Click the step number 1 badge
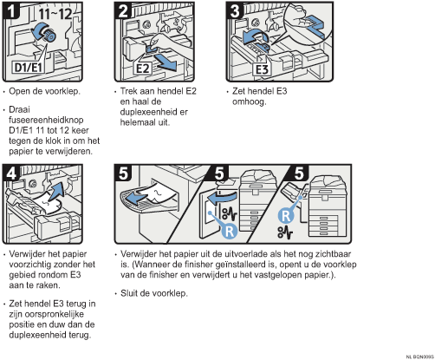11,11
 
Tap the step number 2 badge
123,11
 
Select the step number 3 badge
235,11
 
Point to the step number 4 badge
11,173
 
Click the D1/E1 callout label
29,67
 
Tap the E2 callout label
142,69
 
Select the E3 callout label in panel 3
263,69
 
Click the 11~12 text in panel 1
55,13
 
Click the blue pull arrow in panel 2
165,62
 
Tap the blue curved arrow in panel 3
254,36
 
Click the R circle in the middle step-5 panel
230,231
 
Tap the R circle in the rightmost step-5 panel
286,216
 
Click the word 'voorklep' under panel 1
62,91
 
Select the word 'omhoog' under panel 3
249,102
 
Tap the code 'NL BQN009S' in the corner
419,357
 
